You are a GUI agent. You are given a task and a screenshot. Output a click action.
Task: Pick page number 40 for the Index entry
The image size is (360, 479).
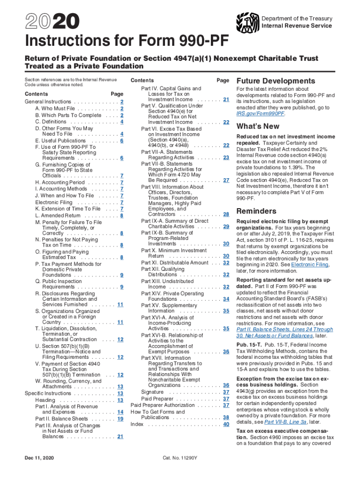[x=226, y=424]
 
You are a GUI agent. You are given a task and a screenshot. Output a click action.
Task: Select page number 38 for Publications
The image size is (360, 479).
[x=226, y=417]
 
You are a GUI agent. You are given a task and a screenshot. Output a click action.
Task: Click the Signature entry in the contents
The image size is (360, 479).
[x=152, y=392]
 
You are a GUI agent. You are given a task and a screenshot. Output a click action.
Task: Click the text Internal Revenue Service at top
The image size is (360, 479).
[x=297, y=26]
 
